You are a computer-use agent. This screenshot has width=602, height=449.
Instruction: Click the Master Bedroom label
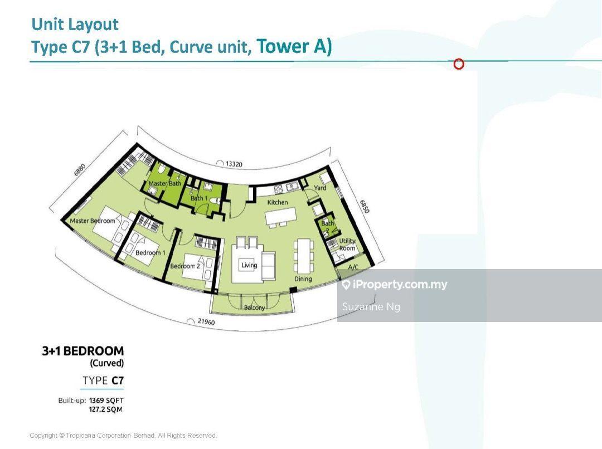(93, 221)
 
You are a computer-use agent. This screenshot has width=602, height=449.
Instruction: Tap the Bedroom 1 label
(150, 252)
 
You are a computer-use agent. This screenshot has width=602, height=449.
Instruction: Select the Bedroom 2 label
(185, 266)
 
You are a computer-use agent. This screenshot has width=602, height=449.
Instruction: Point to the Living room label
(249, 265)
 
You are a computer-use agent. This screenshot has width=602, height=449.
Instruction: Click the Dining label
(303, 279)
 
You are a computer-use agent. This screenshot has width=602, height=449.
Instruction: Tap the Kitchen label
(278, 202)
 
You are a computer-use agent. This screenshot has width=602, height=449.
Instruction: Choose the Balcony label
(254, 308)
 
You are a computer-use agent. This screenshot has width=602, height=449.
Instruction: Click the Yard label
(320, 188)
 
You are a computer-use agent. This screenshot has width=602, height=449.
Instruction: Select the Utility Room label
(347, 245)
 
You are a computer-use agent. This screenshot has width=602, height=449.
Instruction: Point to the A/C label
(353, 267)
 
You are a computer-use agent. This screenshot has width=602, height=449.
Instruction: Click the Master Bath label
(164, 183)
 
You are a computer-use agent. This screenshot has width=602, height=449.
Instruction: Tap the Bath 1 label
(199, 198)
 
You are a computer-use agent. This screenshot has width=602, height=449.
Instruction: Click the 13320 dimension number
(234, 164)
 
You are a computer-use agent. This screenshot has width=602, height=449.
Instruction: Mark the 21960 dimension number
(206, 321)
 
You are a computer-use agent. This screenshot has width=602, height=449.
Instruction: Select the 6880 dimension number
(80, 169)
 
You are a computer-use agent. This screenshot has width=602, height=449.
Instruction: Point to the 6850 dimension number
(365, 207)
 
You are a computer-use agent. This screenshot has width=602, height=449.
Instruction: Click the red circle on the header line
(459, 64)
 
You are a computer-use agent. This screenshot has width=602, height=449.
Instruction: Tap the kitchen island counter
(281, 216)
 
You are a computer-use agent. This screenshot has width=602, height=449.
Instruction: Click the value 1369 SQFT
(106, 401)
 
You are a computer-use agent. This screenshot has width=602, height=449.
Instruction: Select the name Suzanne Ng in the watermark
(371, 306)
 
